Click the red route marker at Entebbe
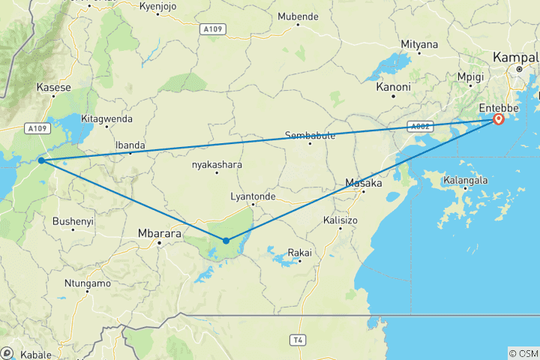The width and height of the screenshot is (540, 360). [x=499, y=118]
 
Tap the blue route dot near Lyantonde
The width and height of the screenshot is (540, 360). [x=226, y=241]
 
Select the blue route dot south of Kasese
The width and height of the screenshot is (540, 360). [x=41, y=160]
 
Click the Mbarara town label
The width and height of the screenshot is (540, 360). [x=159, y=233]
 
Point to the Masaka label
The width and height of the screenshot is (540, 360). [x=364, y=182]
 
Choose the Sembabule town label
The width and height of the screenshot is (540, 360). [x=309, y=136]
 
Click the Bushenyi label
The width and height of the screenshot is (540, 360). [x=73, y=222]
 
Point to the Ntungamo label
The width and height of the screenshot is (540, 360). [x=87, y=283]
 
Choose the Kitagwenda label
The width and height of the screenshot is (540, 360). [x=106, y=118]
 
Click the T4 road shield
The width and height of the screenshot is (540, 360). [x=298, y=340]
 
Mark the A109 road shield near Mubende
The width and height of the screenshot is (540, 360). [x=213, y=29]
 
